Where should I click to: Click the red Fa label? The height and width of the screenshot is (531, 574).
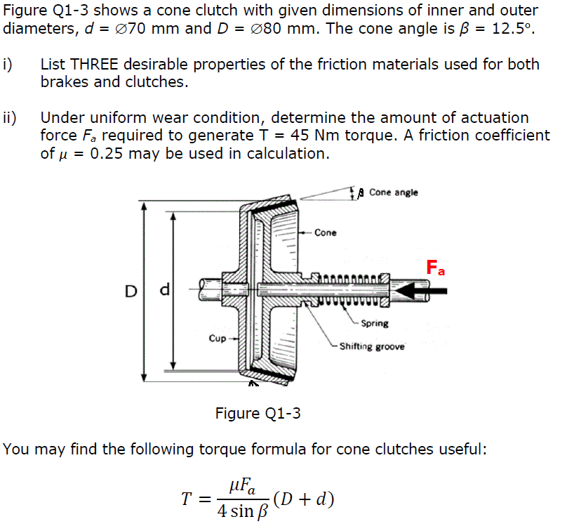pos(436,268)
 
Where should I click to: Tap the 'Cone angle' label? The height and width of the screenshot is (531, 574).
pos(393,192)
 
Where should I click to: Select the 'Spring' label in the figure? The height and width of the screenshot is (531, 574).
pos(375,324)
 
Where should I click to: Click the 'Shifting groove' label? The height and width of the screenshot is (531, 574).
pos(372,346)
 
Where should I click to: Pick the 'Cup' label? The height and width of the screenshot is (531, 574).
pos(217,338)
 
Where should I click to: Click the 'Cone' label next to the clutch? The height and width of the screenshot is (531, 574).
pos(325,232)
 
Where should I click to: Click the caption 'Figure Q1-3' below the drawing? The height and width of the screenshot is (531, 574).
pos(258,413)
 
